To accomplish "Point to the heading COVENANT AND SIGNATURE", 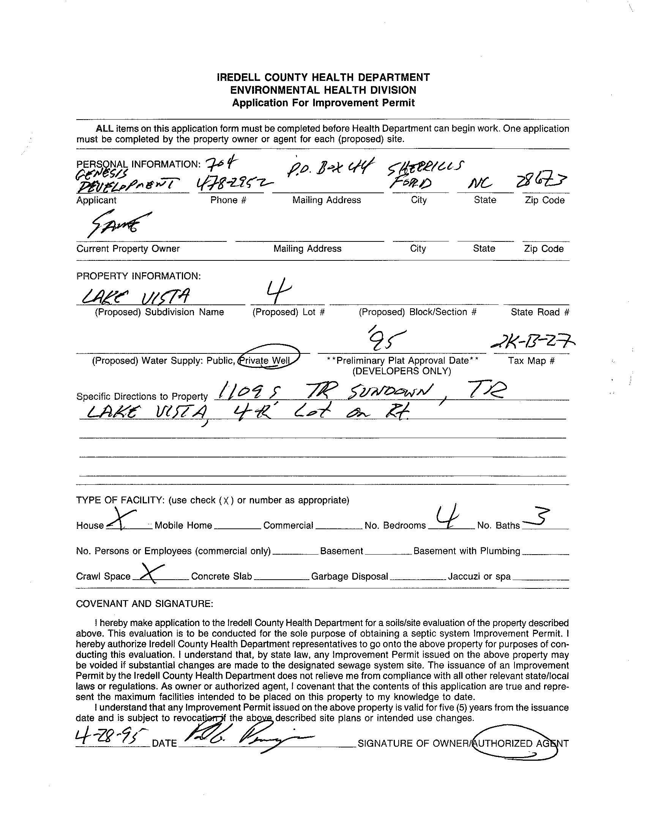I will pos(144,603).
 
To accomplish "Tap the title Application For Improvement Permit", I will pos(323,103).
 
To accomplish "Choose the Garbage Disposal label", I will pos(349,576).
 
